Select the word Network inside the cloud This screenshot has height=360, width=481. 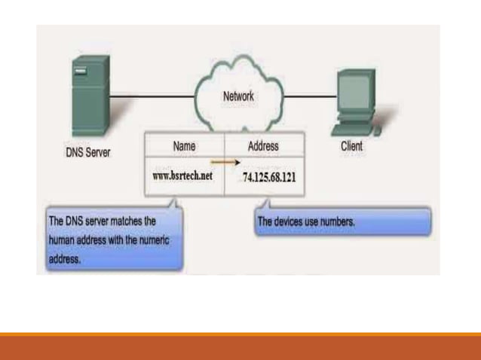click(238, 97)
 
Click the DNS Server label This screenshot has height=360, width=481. click(87, 151)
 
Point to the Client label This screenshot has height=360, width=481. click(351, 146)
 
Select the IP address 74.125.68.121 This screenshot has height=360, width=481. click(270, 177)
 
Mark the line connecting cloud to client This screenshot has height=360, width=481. click(309, 96)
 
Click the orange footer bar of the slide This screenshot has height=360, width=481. click(240, 346)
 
